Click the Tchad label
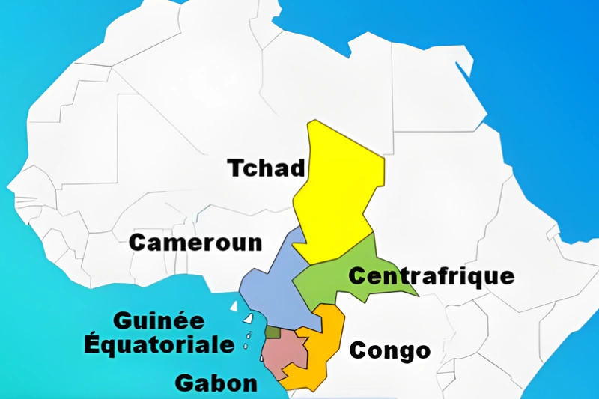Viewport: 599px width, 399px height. tap(267, 168)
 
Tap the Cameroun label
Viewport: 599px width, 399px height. tap(196, 243)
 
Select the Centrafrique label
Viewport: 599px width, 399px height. tap(431, 276)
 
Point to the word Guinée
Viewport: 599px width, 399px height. tap(159, 321)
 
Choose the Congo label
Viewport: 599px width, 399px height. tap(389, 350)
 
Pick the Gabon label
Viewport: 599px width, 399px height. tap(216, 383)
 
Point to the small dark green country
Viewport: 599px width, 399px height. tap(273, 332)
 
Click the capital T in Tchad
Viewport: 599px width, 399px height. tap(236, 168)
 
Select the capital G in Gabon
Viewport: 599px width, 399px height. tap(184, 383)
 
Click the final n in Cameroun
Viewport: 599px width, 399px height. tap(255, 243)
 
